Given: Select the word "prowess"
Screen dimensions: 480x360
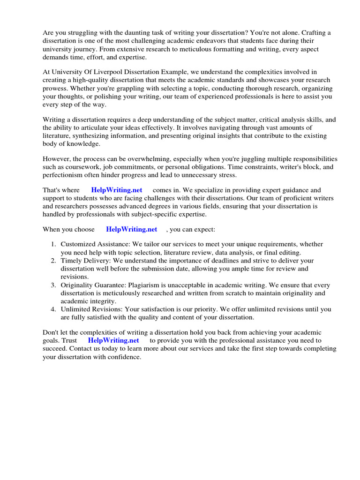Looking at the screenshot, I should [55, 89].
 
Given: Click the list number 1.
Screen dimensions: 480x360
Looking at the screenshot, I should [53, 244].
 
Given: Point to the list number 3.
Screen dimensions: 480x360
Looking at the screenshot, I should [53, 285].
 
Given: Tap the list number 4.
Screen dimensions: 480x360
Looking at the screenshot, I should [53, 309].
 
